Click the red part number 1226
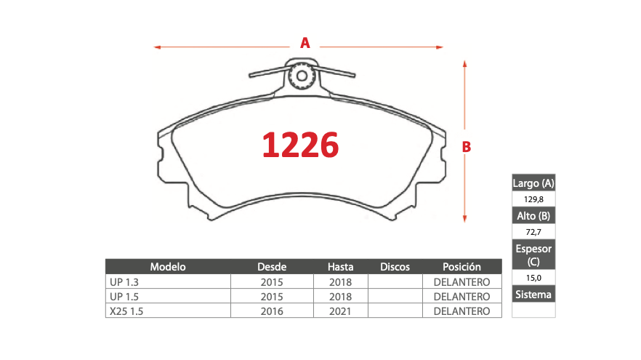(300, 145)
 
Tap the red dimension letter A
(305, 43)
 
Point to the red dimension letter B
(467, 147)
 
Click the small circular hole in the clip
(302, 76)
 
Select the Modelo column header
(168, 267)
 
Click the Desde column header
(272, 267)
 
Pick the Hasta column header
(341, 267)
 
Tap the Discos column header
(395, 267)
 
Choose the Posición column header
(462, 267)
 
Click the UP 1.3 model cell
(124, 282)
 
